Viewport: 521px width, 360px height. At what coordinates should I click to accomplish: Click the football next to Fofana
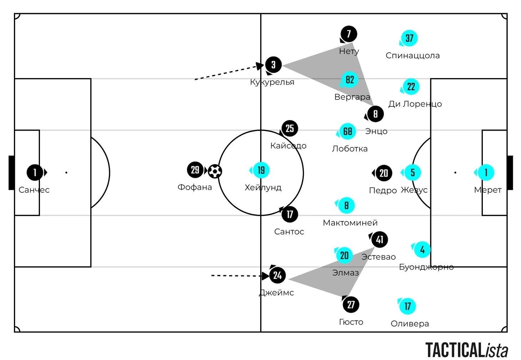coord(215,171)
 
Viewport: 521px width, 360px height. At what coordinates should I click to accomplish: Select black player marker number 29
coord(195,170)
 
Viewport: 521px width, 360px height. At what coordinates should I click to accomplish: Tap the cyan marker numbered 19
coord(261,170)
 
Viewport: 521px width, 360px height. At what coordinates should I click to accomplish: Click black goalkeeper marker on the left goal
coord(35,173)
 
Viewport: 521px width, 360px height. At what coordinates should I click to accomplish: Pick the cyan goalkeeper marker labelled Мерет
coord(486,173)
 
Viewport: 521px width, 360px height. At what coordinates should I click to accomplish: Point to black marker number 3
coord(273,65)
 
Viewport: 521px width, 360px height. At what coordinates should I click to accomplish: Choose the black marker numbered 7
coord(349,34)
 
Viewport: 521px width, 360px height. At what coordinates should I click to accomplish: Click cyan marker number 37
coord(409,39)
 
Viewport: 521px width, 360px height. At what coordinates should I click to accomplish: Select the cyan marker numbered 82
coord(350,80)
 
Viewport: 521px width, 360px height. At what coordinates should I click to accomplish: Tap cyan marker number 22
coord(411,87)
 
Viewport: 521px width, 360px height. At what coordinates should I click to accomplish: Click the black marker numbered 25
coord(290,128)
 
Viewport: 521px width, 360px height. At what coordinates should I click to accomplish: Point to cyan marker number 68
coord(348,132)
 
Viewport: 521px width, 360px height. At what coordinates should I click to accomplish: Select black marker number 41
coord(379,239)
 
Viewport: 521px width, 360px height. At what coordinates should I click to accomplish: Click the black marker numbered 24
coord(278,275)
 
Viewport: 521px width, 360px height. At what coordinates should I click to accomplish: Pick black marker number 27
coord(351,305)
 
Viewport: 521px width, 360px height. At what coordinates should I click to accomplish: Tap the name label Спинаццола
coord(413,56)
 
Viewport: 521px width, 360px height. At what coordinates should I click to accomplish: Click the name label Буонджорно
coord(426,267)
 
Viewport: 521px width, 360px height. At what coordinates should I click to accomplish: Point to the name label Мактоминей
coord(350,223)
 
